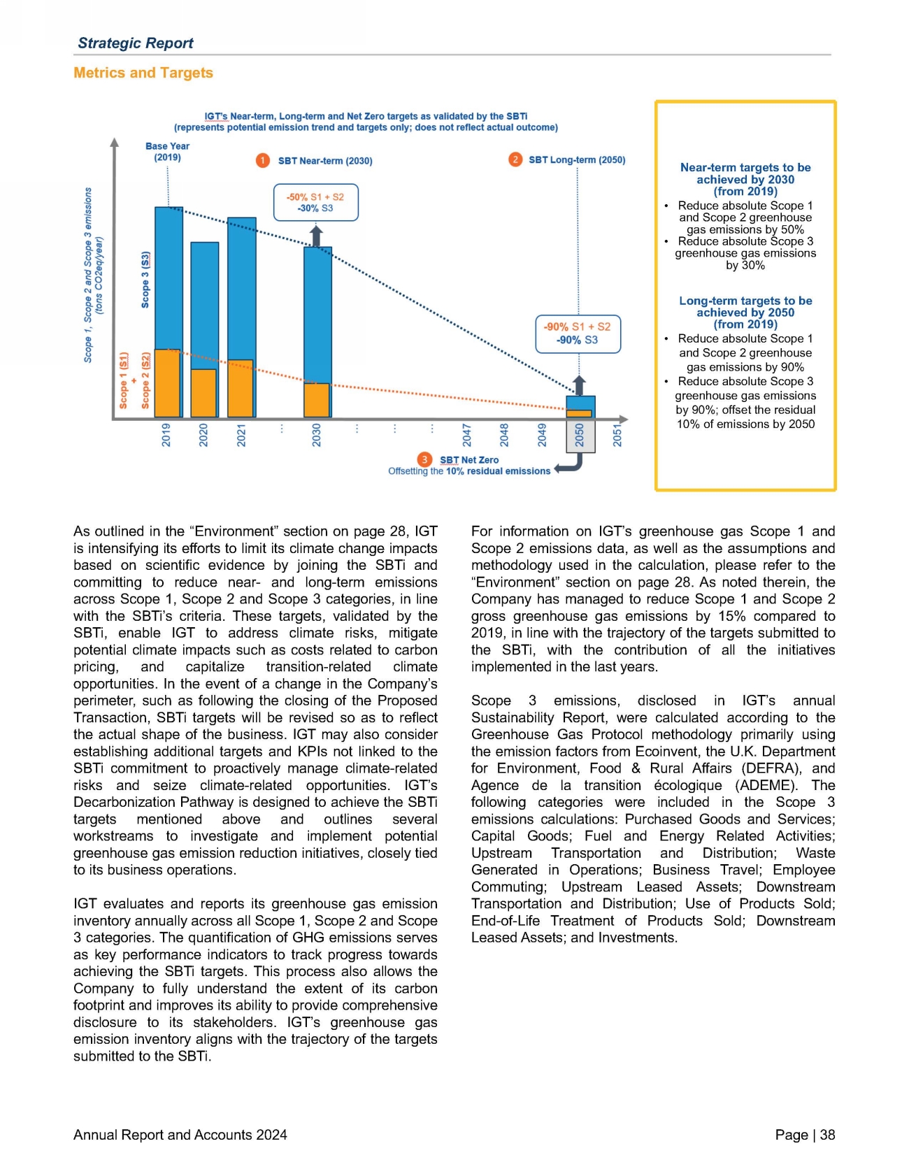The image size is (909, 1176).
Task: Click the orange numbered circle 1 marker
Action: pos(262,161)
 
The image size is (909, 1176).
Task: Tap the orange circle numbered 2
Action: pos(515,159)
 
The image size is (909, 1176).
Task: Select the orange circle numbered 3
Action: pos(424,459)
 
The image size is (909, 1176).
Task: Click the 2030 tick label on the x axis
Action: pos(317,435)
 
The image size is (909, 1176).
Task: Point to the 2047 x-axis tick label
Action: pos(466,435)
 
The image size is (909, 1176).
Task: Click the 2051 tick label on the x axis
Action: pos(617,435)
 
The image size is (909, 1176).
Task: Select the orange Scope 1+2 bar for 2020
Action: pos(203,393)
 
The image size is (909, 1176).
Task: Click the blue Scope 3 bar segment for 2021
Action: pos(241,288)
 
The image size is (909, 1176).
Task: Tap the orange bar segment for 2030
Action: pos(316,400)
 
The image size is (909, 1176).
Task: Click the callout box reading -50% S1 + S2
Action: pos(315,203)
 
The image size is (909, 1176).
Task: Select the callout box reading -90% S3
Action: pos(578,334)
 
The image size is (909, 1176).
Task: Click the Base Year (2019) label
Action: pos(167,152)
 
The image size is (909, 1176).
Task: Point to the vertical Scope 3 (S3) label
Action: pos(145,280)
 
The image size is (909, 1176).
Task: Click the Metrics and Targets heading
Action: pos(143,73)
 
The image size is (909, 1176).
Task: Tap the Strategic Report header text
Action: pos(136,43)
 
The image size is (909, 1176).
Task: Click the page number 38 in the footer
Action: pos(827,1135)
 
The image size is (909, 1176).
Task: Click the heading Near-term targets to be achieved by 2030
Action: pos(745,179)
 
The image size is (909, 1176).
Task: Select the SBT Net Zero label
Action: pos(469,460)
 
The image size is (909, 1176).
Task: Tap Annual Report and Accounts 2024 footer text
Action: pos(180,1135)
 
